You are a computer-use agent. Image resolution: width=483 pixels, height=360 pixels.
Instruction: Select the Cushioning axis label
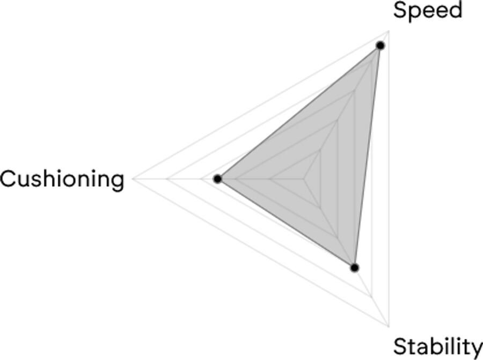[62, 179]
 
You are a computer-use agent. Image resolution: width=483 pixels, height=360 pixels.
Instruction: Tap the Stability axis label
[438, 347]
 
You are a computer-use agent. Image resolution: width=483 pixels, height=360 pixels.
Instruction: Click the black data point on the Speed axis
[380, 46]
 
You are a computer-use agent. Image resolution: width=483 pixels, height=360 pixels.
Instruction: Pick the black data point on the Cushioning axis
[218, 179]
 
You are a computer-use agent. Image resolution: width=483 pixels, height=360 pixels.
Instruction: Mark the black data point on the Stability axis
[355, 268]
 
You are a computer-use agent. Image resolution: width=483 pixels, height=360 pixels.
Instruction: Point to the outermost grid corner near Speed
[389, 31]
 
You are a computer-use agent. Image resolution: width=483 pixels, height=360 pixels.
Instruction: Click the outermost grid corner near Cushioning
[133, 179]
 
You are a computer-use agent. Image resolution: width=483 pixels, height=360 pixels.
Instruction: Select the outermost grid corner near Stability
[389, 326]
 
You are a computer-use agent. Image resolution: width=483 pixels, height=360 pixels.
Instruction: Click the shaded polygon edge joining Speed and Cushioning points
[299, 112]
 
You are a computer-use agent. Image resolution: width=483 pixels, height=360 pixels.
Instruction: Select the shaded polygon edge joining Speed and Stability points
[368, 157]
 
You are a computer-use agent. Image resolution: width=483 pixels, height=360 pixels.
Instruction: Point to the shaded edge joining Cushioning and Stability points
[286, 223]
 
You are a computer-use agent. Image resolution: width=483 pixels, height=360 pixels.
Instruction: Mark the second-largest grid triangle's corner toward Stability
[372, 297]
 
